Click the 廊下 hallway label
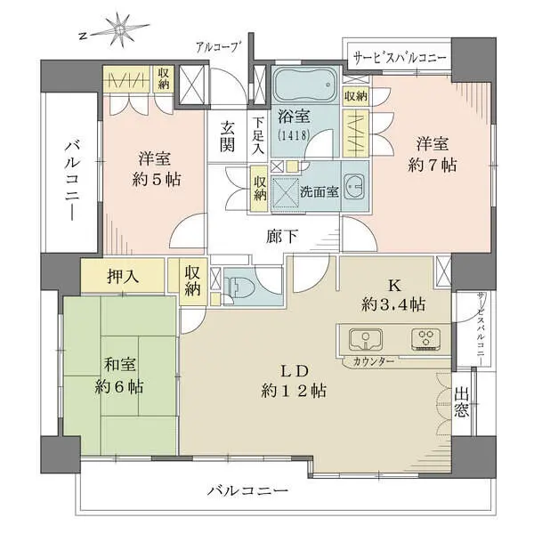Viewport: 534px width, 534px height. pyautogui.click(x=283, y=237)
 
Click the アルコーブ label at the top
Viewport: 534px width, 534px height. pyautogui.click(x=219, y=47)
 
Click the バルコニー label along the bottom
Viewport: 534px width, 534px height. pyautogui.click(x=247, y=490)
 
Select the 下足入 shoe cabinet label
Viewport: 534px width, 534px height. pyautogui.click(x=257, y=134)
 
